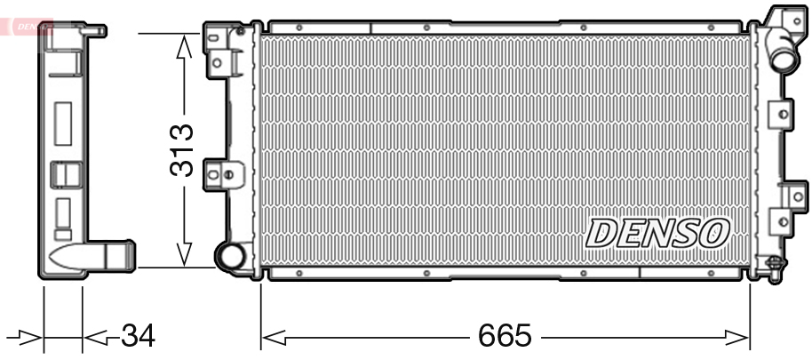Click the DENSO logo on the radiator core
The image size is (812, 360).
coord(657,233)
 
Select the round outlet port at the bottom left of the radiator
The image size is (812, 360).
coord(230,256)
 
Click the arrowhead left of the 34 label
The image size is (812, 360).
coord(96,338)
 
